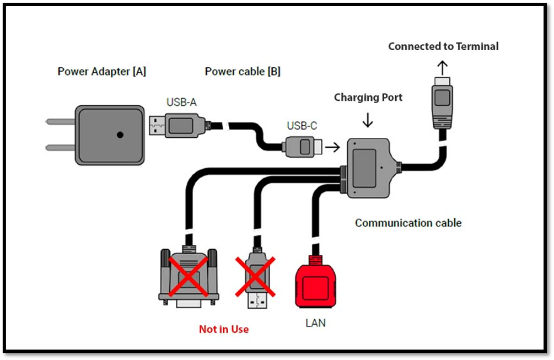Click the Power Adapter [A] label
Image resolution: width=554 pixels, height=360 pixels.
click(x=102, y=72)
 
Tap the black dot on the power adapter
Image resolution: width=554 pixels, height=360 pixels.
click(x=120, y=135)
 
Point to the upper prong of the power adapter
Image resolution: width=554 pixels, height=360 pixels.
click(x=60, y=122)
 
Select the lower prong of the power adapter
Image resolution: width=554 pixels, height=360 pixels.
click(x=60, y=147)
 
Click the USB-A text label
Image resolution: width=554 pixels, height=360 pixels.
click(x=181, y=103)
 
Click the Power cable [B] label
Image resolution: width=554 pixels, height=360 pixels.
click(x=243, y=72)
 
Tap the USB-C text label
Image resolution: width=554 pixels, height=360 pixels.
click(x=302, y=126)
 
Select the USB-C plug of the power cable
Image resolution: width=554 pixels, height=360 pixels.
click(x=303, y=147)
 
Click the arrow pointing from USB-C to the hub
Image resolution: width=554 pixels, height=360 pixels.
click(x=332, y=147)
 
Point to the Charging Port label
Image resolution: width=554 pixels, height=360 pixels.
click(x=368, y=98)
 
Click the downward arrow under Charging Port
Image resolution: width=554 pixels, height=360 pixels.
click(x=368, y=120)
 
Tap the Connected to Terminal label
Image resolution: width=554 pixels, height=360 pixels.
click(x=443, y=46)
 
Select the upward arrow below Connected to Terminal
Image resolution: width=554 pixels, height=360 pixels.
click(x=442, y=68)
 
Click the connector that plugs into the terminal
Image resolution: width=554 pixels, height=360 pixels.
click(x=442, y=103)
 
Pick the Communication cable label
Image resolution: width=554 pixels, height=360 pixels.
click(x=408, y=223)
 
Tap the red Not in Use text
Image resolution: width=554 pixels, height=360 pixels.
click(x=224, y=329)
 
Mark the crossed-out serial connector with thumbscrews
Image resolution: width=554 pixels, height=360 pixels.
click(x=189, y=277)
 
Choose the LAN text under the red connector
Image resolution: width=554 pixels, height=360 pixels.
click(x=315, y=323)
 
